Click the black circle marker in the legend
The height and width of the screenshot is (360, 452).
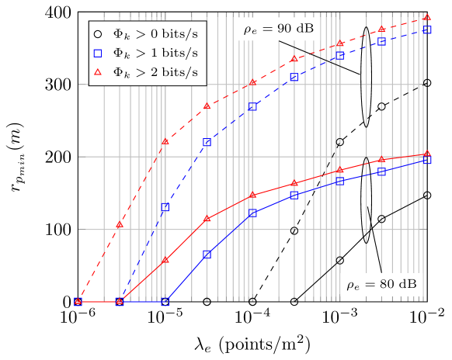pos(97,33)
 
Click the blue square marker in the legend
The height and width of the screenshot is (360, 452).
pos(97,54)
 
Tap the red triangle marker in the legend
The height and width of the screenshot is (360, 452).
pos(97,72)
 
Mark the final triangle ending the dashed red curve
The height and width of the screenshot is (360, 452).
pos(426,17)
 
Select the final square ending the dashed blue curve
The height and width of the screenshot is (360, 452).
pos(426,29)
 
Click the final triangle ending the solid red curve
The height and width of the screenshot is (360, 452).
pos(426,154)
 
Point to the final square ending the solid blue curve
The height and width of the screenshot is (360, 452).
pos(426,161)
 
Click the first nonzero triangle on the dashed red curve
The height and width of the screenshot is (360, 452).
pos(120,224)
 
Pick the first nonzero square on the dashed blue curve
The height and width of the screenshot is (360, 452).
pos(165,207)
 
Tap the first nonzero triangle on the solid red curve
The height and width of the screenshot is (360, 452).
pos(165,261)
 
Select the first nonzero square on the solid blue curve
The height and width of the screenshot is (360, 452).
pos(207,254)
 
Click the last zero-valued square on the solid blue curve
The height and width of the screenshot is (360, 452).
pos(165,302)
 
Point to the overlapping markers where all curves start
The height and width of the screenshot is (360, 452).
pos(78,302)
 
